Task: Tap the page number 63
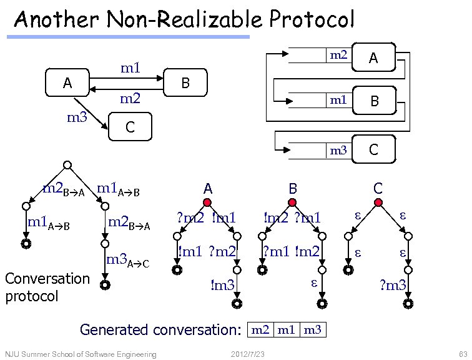[461, 354]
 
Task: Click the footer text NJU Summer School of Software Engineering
[80, 354]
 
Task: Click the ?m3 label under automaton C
[393, 286]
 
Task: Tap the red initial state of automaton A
[207, 202]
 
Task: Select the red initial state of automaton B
[292, 202]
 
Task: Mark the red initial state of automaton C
[378, 202]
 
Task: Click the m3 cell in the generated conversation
[312, 329]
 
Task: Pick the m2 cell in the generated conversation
[261, 329]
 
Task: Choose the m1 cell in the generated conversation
[287, 329]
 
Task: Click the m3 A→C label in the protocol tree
[128, 261]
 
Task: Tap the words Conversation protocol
[47, 286]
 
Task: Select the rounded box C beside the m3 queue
[373, 149]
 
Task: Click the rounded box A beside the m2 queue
[373, 58]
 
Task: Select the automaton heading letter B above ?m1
[292, 187]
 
